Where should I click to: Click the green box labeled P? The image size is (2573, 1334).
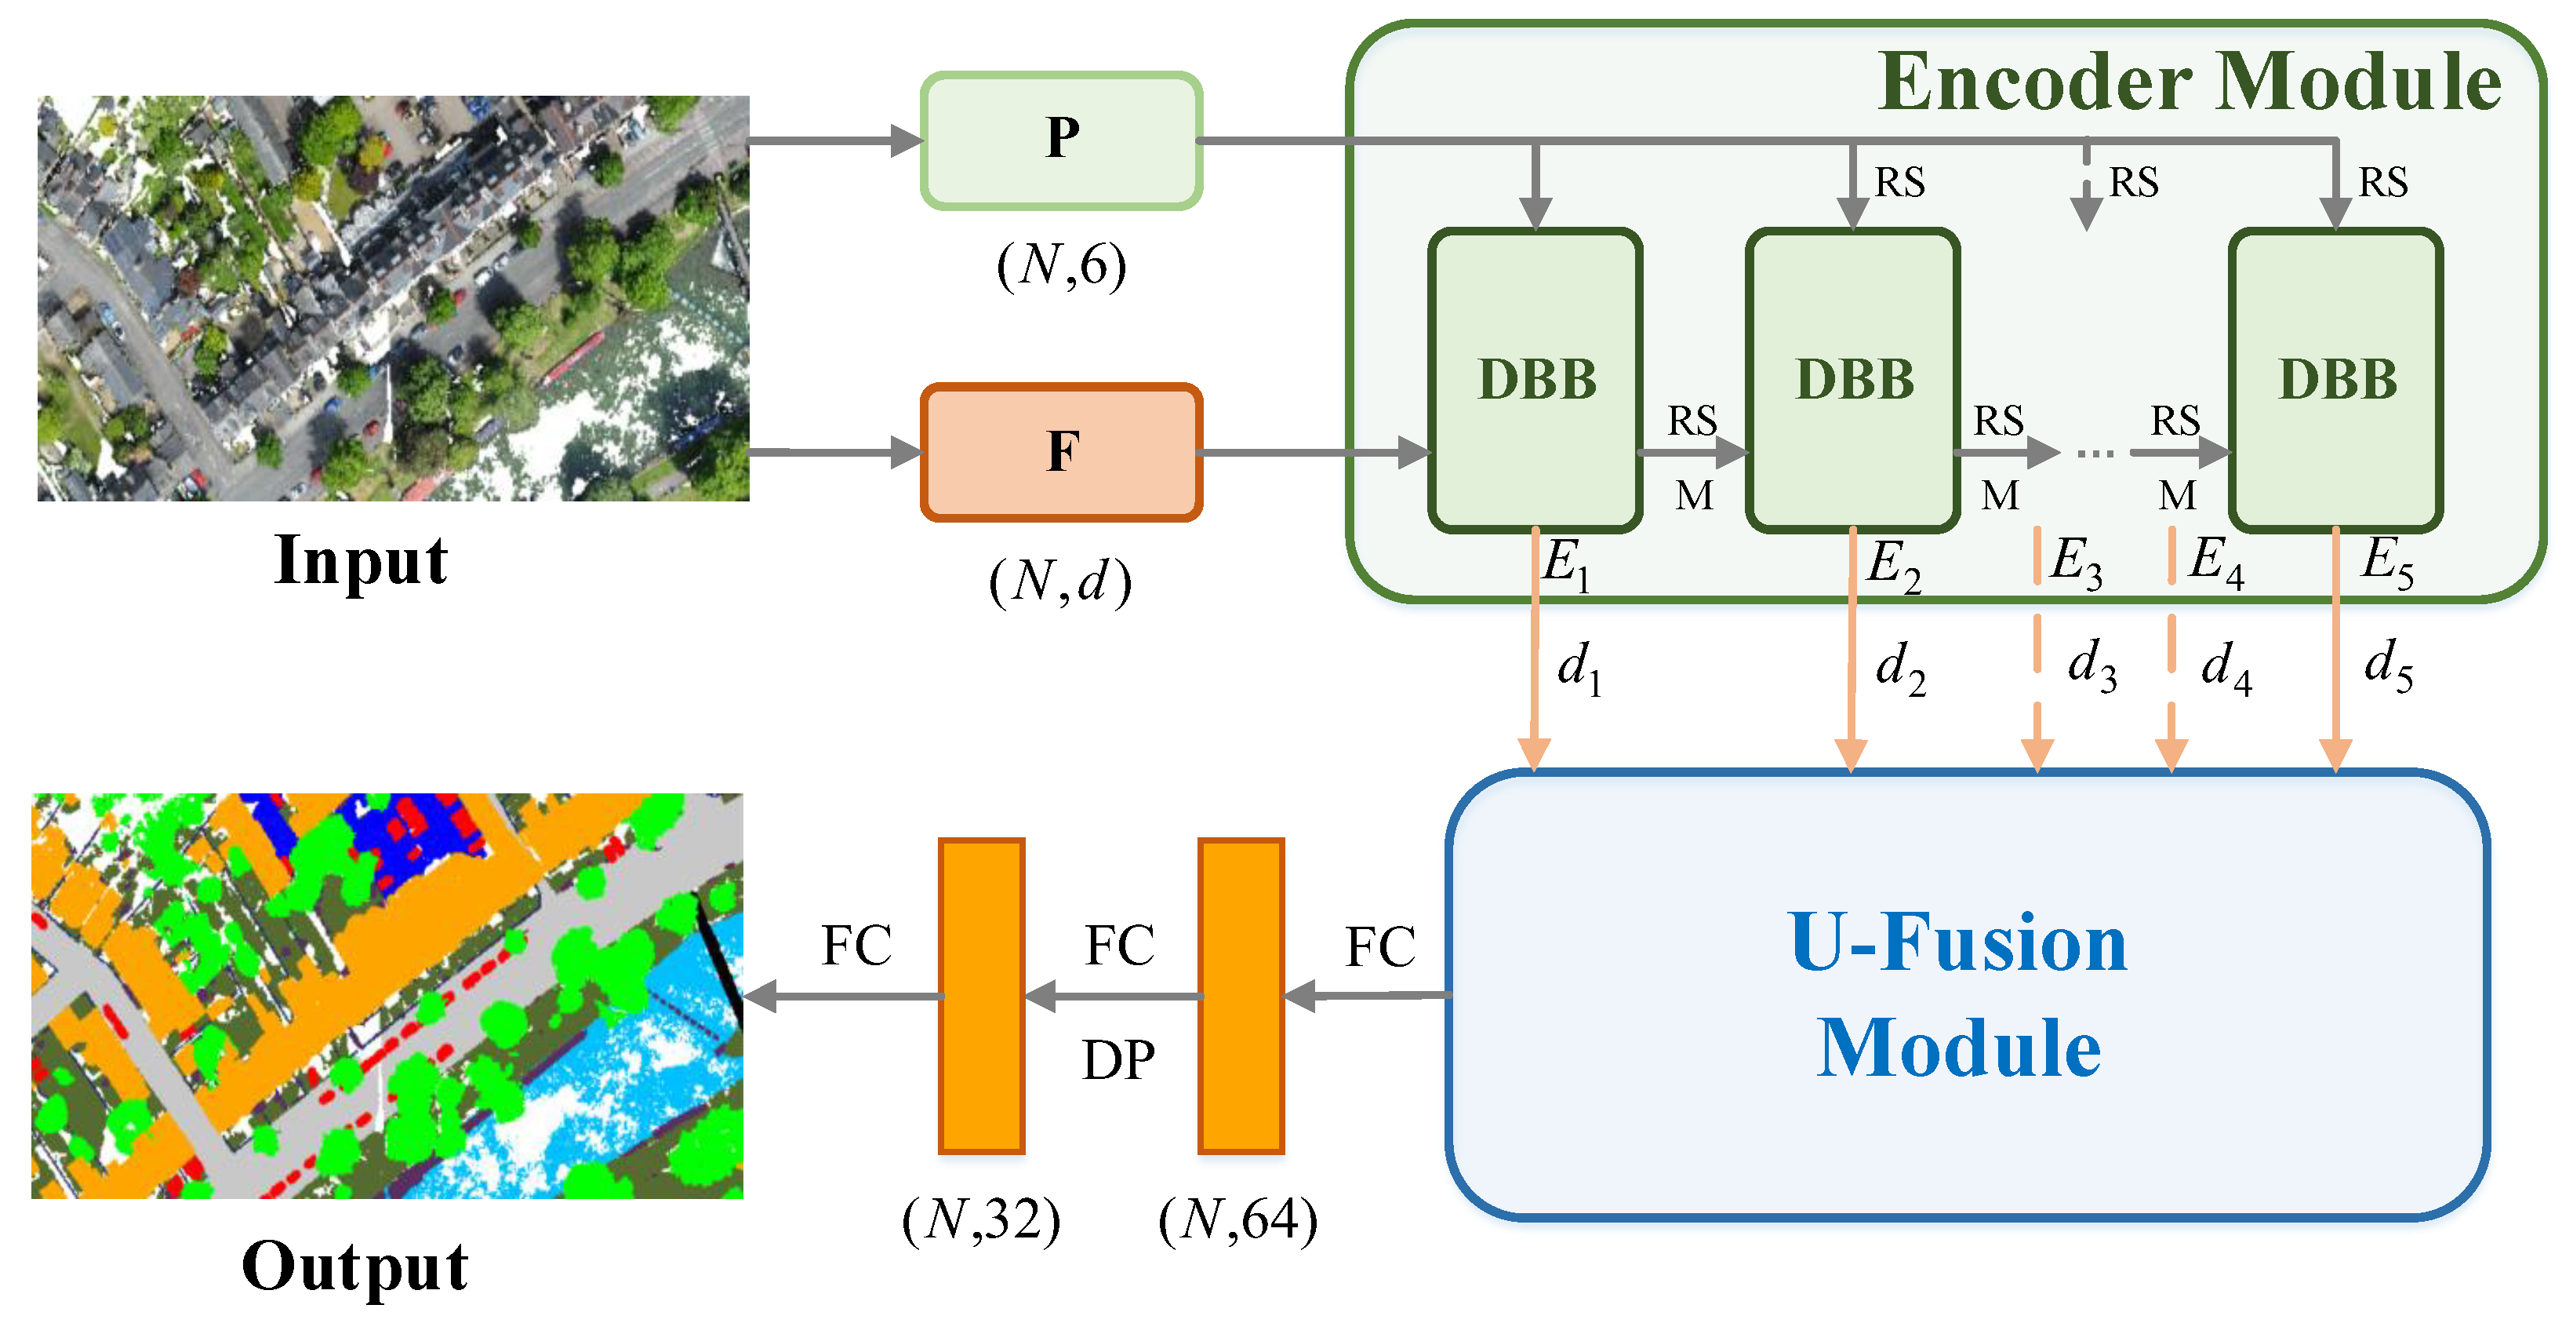coord(1061,141)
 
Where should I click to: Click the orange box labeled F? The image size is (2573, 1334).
coord(1061,453)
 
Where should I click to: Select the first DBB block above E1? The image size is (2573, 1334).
coord(1535,380)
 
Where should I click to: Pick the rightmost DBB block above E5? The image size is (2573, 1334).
coord(2336,380)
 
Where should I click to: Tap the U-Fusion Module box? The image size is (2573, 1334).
coord(1966,994)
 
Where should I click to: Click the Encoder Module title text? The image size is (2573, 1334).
coord(2190,83)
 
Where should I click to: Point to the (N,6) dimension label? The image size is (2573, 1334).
coord(1061,266)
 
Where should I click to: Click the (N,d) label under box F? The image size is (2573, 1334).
coord(1061,581)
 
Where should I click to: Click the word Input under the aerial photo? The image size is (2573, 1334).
coord(361,560)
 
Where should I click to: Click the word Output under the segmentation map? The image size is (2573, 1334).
coord(354,1267)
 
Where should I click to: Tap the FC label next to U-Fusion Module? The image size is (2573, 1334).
coord(1380,946)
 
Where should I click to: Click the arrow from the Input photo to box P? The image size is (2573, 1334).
coord(834,141)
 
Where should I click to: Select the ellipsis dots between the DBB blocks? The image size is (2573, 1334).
coord(2095,454)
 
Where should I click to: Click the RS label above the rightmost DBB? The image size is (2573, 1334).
coord(2382,183)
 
